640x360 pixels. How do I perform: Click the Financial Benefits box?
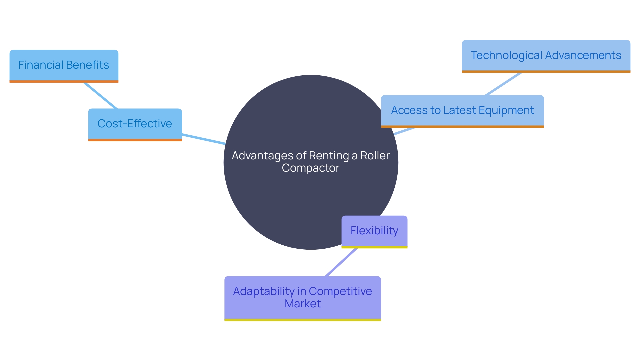pos(64,66)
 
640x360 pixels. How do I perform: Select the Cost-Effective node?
pos(135,124)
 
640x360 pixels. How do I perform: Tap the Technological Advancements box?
pos(546,56)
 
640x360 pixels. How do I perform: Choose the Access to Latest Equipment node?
pos(462,111)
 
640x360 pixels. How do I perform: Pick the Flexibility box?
pos(374,231)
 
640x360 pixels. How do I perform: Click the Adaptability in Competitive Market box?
pos(302,298)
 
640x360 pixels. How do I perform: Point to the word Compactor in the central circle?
pos(310,168)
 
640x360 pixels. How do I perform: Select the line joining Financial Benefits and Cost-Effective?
pos(100,95)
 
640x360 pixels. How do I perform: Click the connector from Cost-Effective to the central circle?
pos(203,139)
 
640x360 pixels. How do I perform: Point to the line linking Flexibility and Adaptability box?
pos(341,262)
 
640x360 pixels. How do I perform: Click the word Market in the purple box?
pos(303,304)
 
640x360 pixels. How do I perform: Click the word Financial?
pos(41,65)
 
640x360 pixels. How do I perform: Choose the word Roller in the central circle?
pos(375,156)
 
